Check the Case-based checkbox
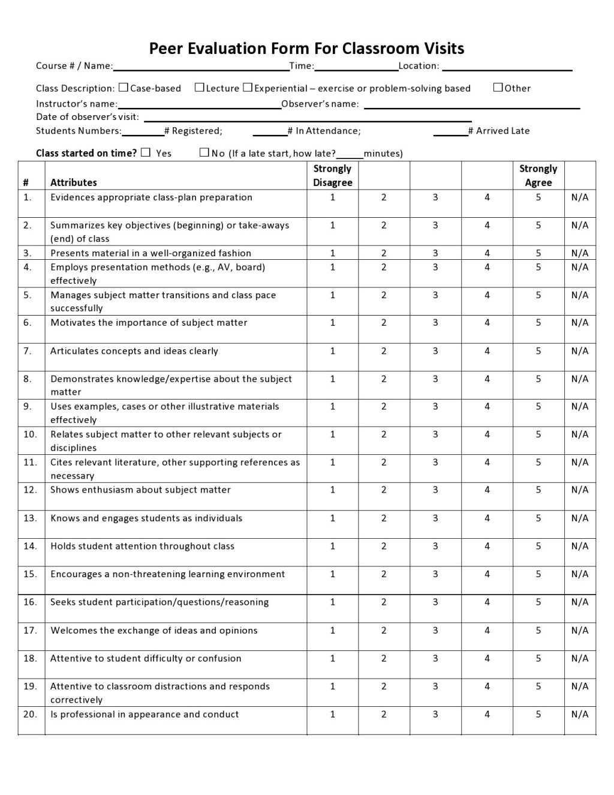click(124, 88)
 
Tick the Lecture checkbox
click(200, 88)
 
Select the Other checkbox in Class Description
click(498, 88)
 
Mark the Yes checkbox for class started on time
click(146, 152)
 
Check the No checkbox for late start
click(204, 152)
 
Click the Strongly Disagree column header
click(332, 175)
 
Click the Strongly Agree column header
click(538, 175)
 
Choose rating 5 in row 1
click(538, 197)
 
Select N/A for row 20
click(579, 714)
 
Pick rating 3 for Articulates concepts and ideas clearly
click(435, 351)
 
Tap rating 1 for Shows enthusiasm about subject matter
click(332, 490)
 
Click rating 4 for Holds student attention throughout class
click(487, 546)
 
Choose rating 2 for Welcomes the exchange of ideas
click(384, 630)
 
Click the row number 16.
click(30, 602)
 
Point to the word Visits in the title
click(444, 48)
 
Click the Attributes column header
click(73, 182)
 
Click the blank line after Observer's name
click(471, 104)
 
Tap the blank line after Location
click(507, 67)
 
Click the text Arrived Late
click(502, 131)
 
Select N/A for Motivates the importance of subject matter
click(579, 323)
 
